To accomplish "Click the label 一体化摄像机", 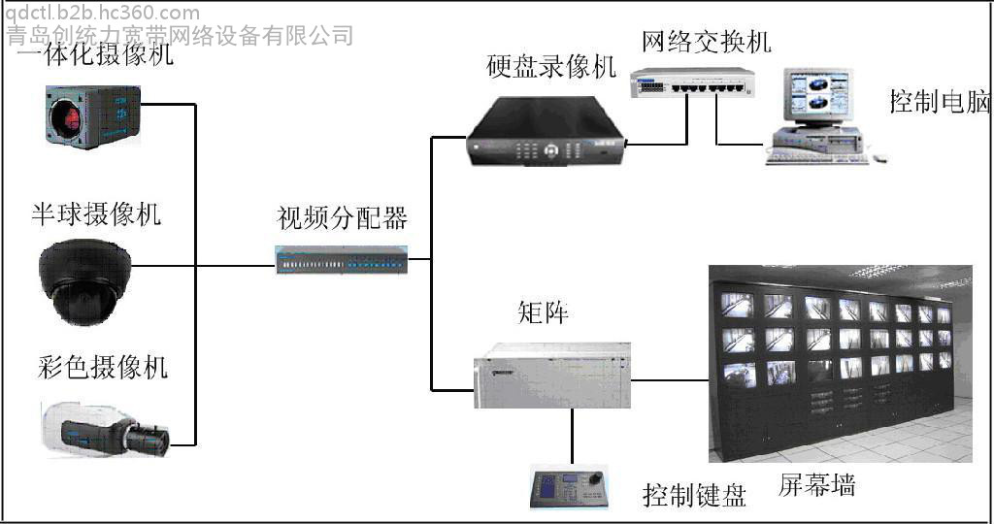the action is (95, 54).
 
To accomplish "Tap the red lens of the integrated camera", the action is (67, 118).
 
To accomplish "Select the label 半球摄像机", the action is (96, 214).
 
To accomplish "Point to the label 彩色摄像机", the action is (103, 367).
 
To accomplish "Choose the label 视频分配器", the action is (343, 218).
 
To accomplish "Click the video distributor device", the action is (342, 260).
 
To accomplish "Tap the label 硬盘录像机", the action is (551, 67).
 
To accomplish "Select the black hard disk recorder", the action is (547, 131).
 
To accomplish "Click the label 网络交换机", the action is (707, 42).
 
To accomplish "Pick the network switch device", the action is (692, 82).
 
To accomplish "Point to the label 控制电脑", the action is (940, 101).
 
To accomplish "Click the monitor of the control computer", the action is (817, 95).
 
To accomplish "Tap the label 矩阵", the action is (543, 311).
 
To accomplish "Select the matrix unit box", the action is (552, 376).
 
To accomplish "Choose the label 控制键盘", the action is (694, 495).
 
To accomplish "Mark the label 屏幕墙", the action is (816, 485).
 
